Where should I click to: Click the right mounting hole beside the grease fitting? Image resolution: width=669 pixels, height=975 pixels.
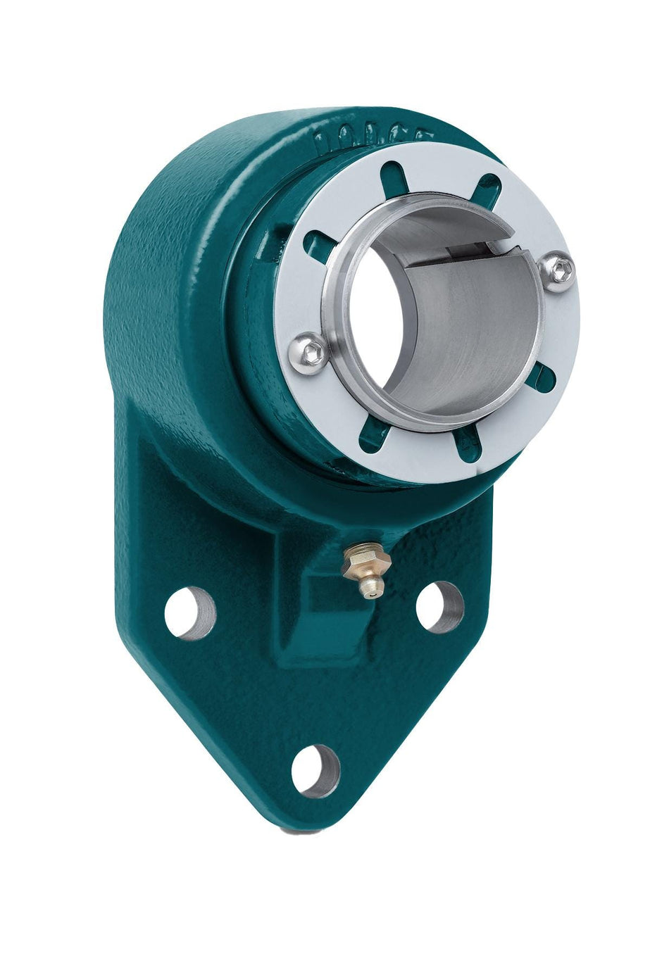[x=440, y=606]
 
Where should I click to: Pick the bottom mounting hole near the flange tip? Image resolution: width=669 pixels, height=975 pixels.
[x=315, y=771]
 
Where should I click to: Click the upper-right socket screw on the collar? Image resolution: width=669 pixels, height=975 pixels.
[x=560, y=272]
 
